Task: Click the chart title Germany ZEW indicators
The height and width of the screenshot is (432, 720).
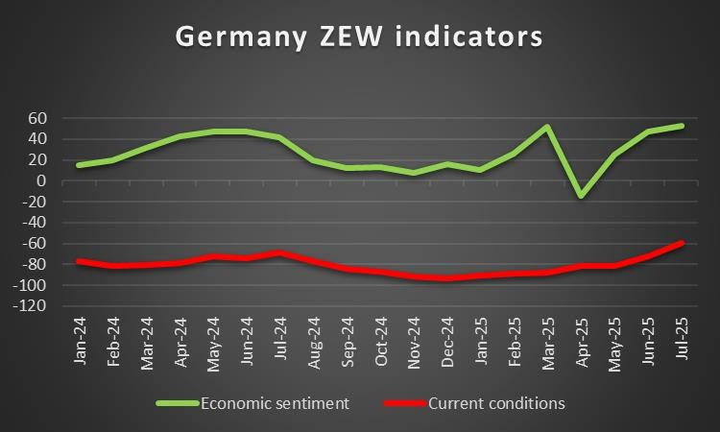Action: click(359, 36)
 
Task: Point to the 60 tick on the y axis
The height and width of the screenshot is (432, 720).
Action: click(38, 118)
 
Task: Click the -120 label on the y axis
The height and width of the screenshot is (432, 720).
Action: click(32, 306)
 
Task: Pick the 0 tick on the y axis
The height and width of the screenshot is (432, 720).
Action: click(43, 180)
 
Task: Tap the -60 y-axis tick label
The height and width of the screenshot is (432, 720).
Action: click(35, 244)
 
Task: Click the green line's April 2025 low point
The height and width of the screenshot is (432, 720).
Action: click(581, 196)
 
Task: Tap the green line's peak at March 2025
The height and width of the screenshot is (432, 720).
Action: click(547, 127)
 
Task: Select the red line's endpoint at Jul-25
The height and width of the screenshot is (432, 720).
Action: click(682, 243)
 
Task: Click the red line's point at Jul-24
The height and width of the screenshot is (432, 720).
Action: click(278, 252)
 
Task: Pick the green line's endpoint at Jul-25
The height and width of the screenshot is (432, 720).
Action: click(682, 126)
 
